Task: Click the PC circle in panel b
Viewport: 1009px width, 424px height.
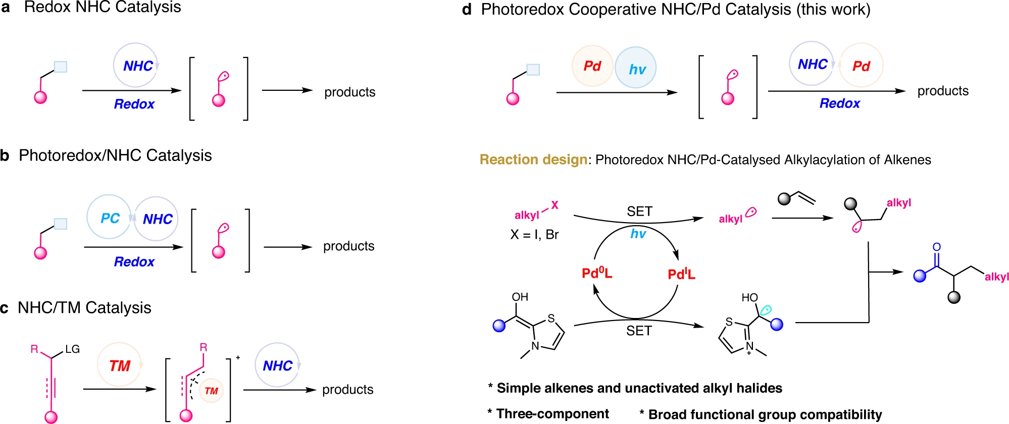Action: pos(109,218)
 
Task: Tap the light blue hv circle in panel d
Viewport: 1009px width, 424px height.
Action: pos(636,68)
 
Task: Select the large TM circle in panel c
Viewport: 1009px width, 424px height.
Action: pos(120,365)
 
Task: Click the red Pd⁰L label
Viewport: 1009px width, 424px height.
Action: pos(597,274)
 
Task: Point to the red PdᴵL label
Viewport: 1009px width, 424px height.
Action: pos(681,274)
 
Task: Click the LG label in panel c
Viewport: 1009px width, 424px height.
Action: pos(72,349)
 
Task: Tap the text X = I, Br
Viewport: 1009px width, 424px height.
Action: pos(534,235)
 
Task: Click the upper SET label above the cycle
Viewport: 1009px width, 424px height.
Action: pos(639,211)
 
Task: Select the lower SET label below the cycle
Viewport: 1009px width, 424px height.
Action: pos(639,331)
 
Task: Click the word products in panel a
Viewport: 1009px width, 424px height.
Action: pos(349,92)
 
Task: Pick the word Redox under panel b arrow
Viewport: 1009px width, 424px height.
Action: pos(134,261)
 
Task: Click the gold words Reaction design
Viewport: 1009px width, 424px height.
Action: pos(533,160)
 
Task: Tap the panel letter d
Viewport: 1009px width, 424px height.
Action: pos(467,10)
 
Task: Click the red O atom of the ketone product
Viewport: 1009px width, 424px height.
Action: pos(937,247)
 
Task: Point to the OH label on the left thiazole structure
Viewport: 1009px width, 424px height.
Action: pos(520,297)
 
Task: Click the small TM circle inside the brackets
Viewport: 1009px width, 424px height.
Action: pos(211,391)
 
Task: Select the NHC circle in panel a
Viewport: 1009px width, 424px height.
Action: pos(135,65)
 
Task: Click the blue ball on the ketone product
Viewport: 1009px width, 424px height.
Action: pos(920,276)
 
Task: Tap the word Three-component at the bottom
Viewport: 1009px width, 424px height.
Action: pos(552,414)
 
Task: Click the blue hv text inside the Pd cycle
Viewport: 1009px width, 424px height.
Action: pos(638,234)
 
